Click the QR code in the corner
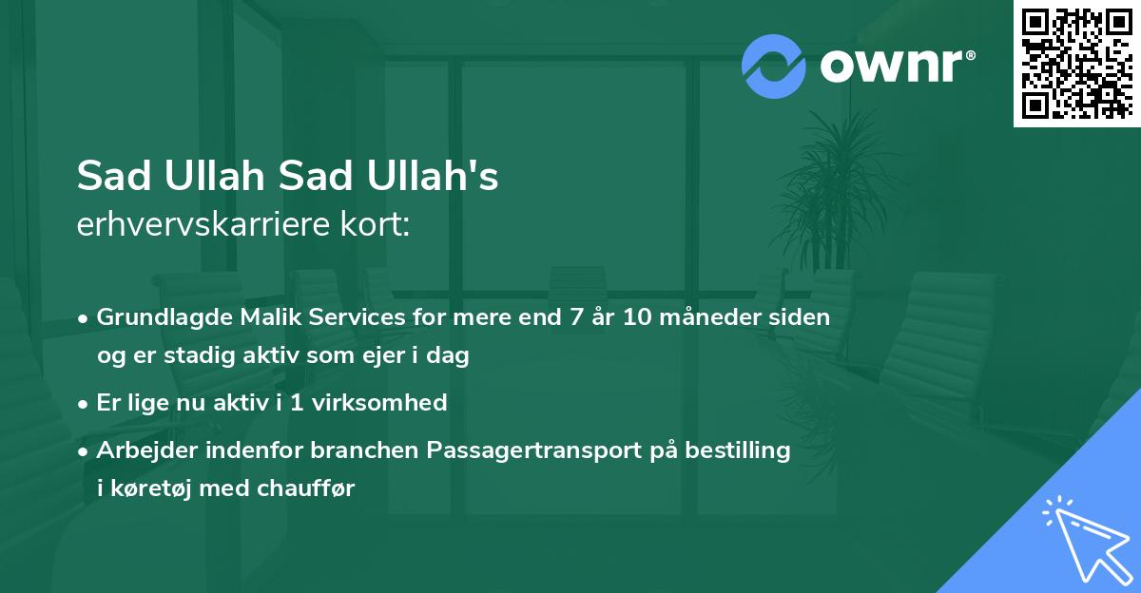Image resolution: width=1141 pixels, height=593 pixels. click(1077, 63)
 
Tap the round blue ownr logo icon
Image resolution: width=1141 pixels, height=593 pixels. click(773, 67)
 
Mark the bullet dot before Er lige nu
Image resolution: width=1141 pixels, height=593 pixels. click(85, 404)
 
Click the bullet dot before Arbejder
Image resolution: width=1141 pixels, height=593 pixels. click(85, 451)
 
